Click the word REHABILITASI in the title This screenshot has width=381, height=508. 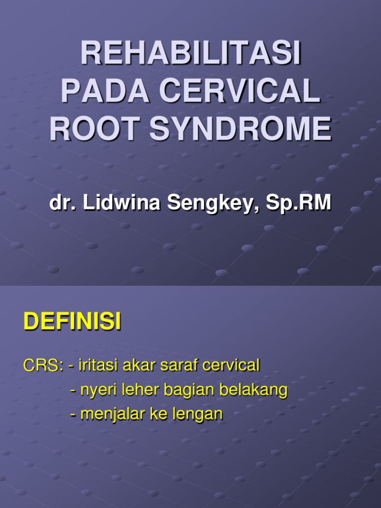pyautogui.click(x=190, y=54)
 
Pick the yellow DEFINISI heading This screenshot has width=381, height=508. pyautogui.click(x=72, y=323)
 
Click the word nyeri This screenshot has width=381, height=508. pyautogui.click(x=97, y=390)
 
